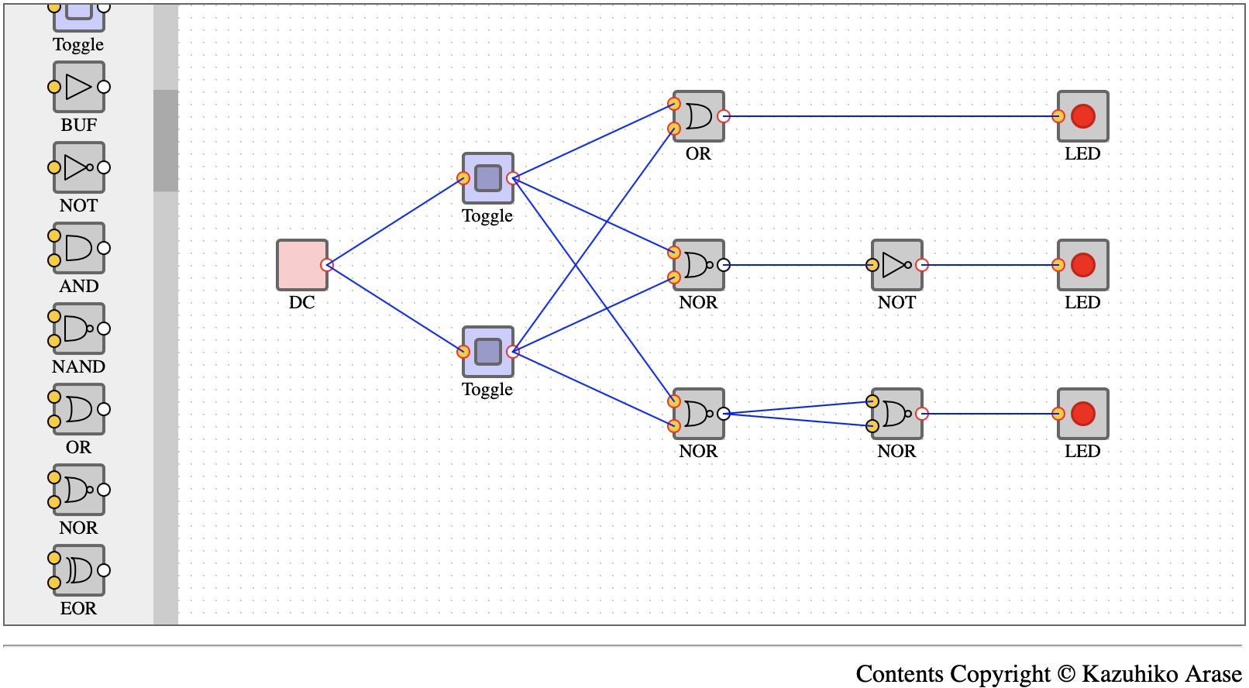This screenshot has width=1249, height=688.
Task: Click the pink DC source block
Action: coord(301,265)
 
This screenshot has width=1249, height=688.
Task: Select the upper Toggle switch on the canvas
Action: coord(488,178)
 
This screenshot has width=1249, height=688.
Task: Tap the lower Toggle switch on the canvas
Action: coord(488,352)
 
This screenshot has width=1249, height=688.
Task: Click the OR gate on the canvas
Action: coord(699,116)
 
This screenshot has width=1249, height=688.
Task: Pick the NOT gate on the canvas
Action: coord(897,265)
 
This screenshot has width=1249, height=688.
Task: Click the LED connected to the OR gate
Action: coord(1083,116)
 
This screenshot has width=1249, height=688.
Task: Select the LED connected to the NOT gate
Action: coord(1083,265)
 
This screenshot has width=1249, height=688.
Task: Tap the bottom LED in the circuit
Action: coord(1083,414)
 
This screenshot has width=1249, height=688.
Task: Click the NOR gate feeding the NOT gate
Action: coord(699,265)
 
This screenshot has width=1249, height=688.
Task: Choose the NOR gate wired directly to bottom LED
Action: coord(897,414)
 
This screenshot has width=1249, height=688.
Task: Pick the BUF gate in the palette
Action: coord(78,87)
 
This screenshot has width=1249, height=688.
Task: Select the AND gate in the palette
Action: coord(78,248)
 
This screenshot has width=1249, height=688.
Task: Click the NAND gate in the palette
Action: coord(78,329)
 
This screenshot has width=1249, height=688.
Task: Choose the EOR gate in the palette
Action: coord(78,570)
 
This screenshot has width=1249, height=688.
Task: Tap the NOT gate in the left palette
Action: coord(78,167)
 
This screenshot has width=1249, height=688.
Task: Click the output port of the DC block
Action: coord(327,265)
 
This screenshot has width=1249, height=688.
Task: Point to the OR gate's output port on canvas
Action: coord(724,116)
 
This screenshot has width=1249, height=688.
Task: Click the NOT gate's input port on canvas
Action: coord(872,265)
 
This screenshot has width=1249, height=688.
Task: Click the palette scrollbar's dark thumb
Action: coord(166,140)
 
